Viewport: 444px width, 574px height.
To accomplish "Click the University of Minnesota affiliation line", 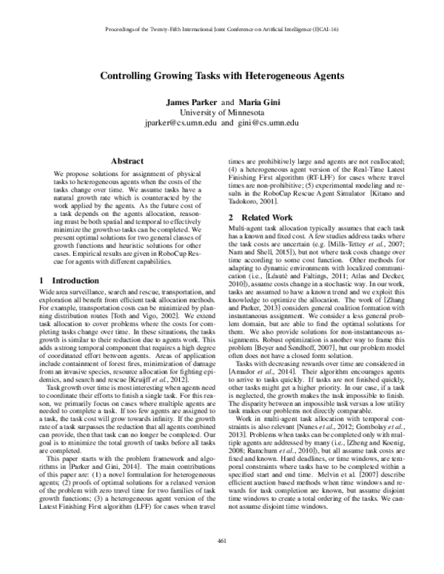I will pos(221,112).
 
